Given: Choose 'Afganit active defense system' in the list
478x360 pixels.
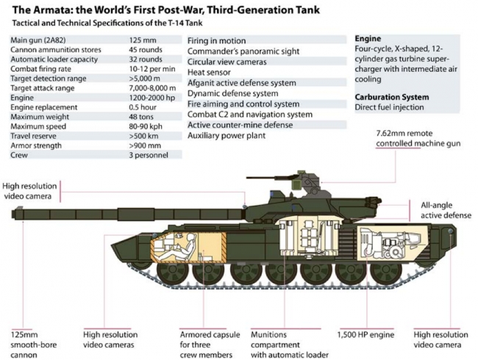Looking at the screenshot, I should click(243, 83).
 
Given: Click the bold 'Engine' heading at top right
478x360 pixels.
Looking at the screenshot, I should click(368, 37).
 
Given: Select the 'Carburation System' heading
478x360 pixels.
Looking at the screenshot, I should click(392, 96).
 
